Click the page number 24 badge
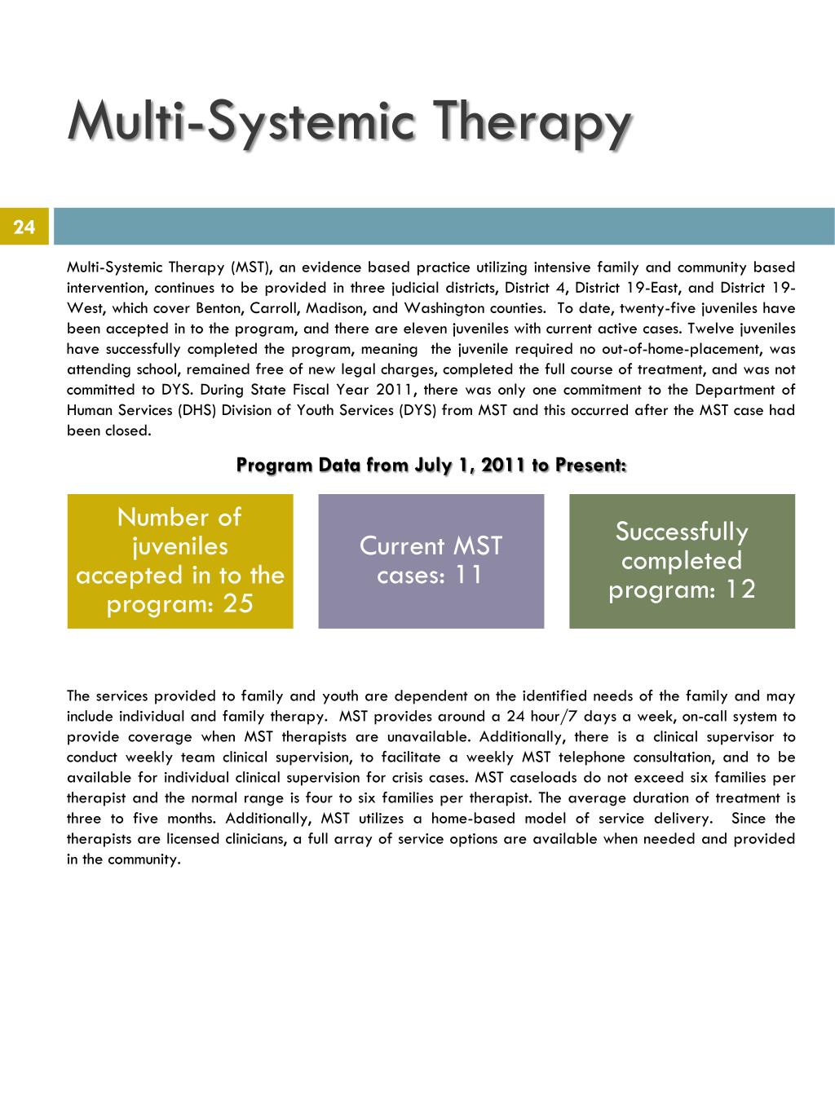tap(24, 227)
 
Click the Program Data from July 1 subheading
tap(431, 465)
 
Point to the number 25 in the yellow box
tap(236, 604)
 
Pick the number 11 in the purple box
tap(468, 575)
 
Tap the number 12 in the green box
tap(739, 590)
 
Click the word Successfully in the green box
tap(682, 532)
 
